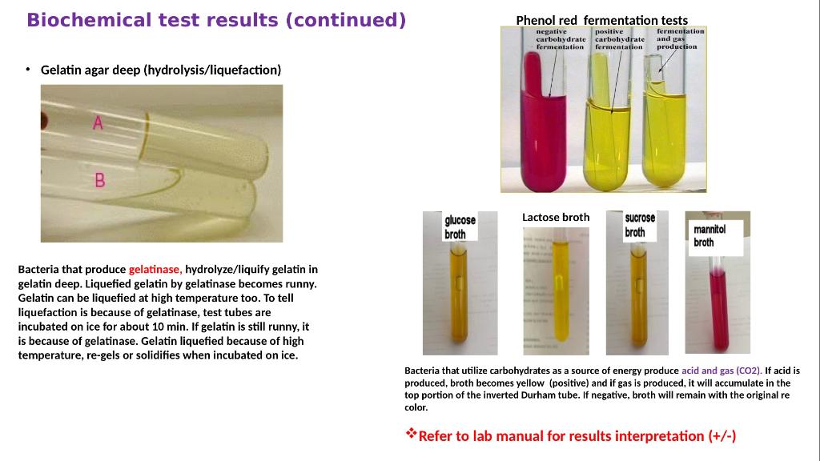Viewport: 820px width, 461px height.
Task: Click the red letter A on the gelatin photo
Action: click(98, 123)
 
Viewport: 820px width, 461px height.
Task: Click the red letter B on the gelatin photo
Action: click(100, 180)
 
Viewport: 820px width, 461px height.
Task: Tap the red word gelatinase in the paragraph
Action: click(155, 269)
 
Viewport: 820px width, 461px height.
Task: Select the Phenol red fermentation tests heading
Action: click(601, 20)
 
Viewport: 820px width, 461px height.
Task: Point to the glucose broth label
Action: click(460, 226)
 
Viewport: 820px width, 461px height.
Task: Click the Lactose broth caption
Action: click(556, 217)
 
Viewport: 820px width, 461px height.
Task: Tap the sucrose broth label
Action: click(640, 225)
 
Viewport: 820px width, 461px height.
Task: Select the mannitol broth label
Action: click(709, 235)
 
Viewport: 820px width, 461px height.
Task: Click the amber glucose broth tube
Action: click(460, 296)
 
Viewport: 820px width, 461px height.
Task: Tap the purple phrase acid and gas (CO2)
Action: click(722, 371)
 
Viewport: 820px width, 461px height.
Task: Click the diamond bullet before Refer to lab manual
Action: click(412, 435)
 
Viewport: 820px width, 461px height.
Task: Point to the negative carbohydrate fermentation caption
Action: click(560, 39)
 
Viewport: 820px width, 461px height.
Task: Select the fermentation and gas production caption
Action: click(680, 38)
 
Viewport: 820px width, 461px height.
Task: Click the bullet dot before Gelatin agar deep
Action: click(27, 70)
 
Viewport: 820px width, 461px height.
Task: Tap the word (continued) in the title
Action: click(345, 20)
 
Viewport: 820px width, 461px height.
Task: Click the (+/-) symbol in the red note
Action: click(722, 436)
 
